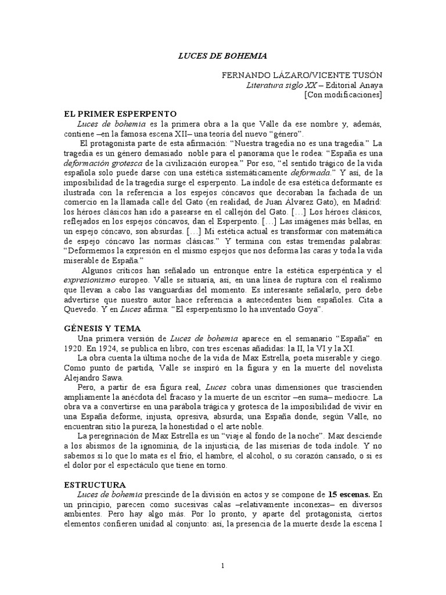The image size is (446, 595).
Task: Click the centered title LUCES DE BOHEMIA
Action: click(x=222, y=56)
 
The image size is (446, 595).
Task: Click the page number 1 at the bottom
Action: click(x=223, y=566)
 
